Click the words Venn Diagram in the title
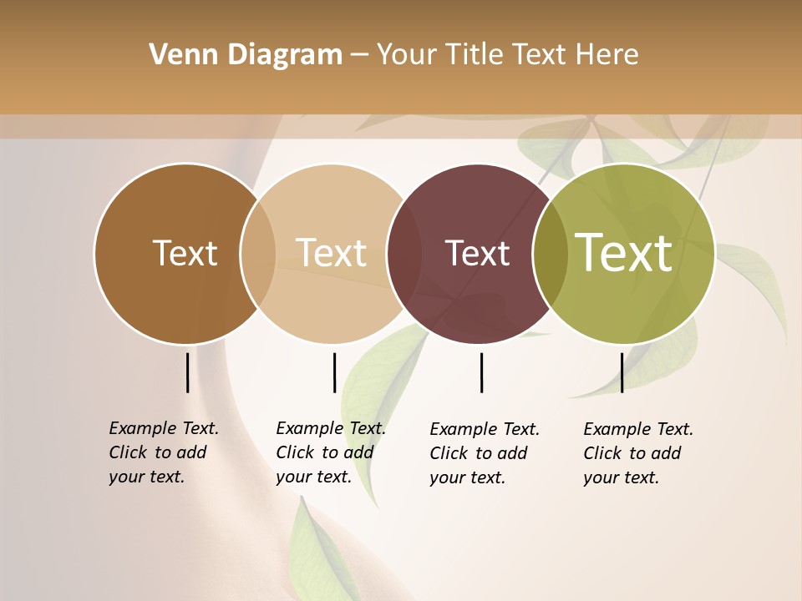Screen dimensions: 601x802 (x=246, y=55)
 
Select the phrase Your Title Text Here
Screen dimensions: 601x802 (x=507, y=55)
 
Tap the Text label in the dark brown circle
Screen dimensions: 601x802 (x=185, y=253)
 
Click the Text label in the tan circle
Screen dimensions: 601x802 (x=332, y=253)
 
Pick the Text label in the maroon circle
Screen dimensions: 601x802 (x=477, y=254)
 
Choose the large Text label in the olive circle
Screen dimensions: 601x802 (x=624, y=252)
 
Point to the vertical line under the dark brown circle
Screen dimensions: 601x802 (x=187, y=372)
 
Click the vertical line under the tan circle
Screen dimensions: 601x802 (x=334, y=372)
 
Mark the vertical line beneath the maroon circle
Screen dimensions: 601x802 (x=481, y=372)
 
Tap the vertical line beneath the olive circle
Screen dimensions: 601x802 (x=622, y=372)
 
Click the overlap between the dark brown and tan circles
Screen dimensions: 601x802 (x=258, y=253)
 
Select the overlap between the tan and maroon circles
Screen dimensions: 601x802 (x=402, y=253)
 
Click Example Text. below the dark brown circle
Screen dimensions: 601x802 (x=164, y=428)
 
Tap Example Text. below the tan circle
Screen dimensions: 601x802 (x=331, y=428)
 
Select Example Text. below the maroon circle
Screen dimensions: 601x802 (x=485, y=429)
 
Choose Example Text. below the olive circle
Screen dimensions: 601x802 (x=638, y=429)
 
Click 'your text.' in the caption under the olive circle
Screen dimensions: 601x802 (x=621, y=477)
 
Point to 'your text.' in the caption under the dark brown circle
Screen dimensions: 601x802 (x=146, y=477)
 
